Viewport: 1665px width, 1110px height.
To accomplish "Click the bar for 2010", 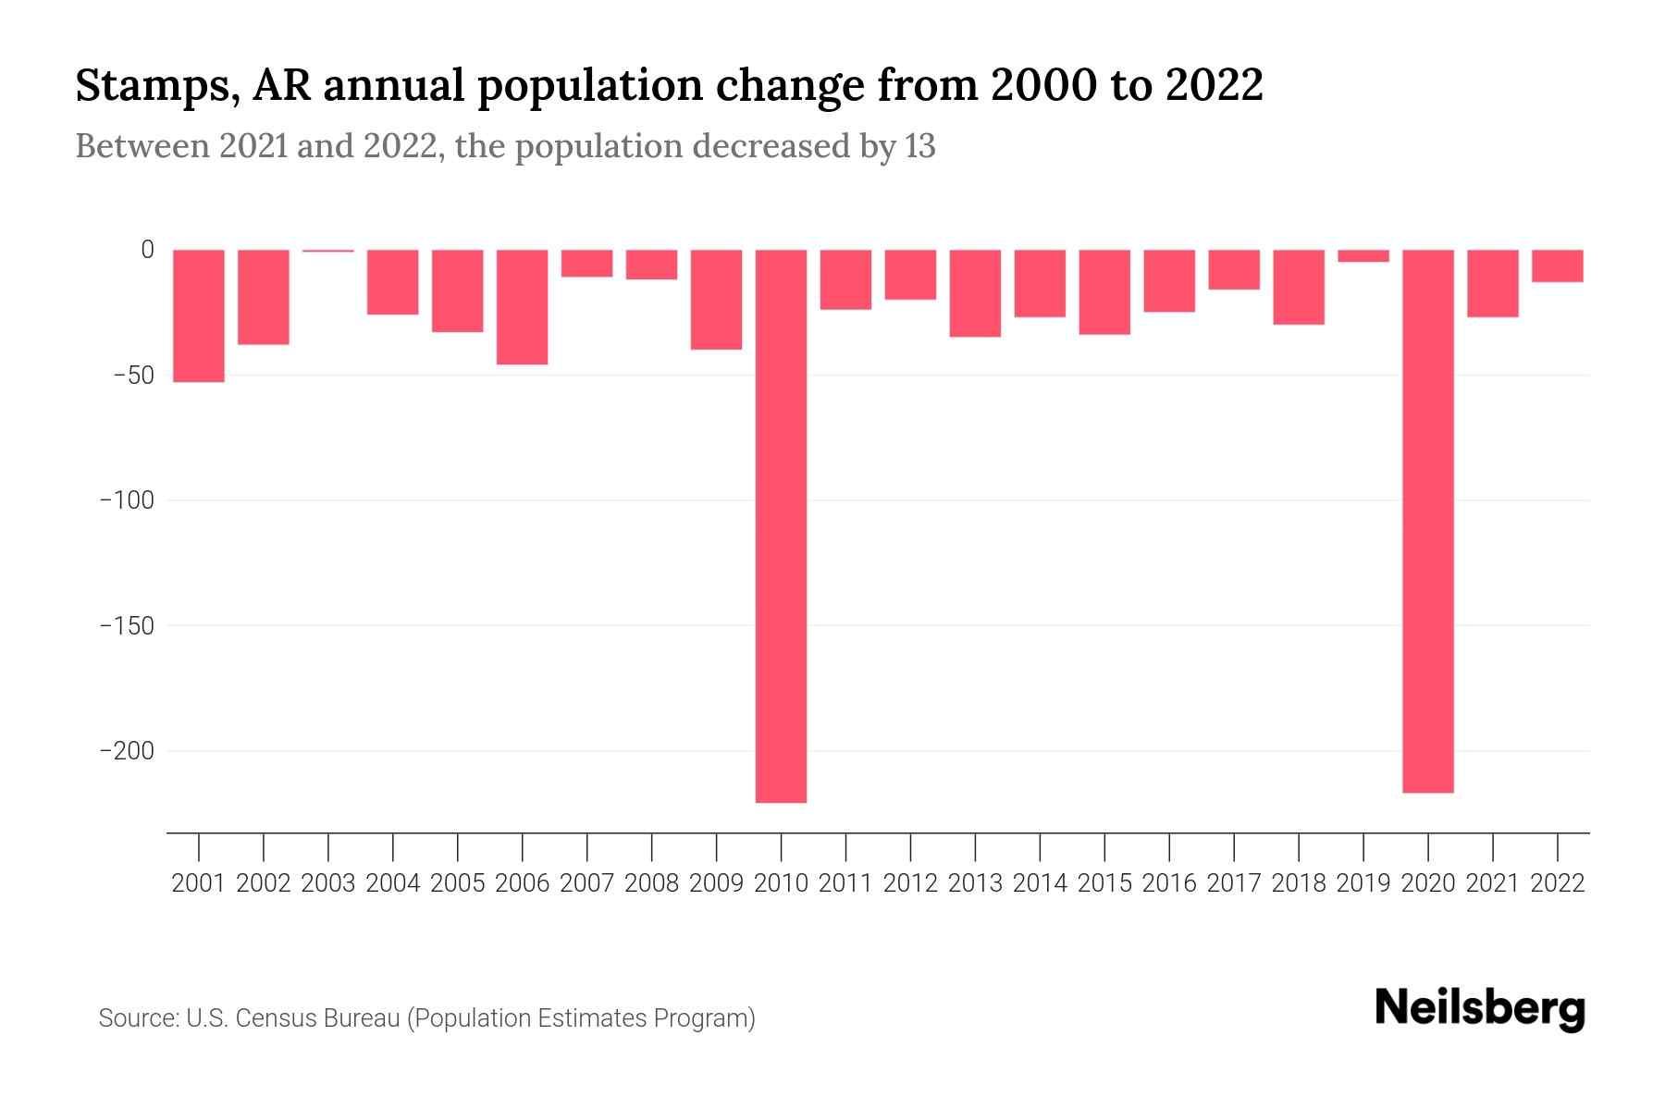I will tap(781, 525).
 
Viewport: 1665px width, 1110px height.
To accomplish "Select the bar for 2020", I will tap(1427, 521).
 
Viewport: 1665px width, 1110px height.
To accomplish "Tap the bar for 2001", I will tap(199, 315).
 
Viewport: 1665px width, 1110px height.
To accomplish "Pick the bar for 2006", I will tap(523, 307).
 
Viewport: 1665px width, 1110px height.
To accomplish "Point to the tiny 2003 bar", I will tap(328, 251).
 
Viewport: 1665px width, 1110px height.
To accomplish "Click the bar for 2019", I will tap(1363, 256).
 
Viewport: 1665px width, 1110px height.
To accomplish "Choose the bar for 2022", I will tap(1557, 265).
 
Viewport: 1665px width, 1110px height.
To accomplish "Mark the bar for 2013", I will tap(975, 293).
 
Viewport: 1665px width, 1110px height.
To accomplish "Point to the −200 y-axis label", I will tap(127, 751).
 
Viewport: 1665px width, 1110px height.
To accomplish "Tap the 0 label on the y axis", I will tap(147, 250).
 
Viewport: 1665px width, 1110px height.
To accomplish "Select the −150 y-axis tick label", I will tap(127, 626).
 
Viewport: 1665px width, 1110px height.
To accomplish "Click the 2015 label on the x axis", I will tap(1104, 883).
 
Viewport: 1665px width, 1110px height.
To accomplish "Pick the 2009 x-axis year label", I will tap(716, 883).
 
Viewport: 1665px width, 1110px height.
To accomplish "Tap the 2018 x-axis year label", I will tap(1298, 883).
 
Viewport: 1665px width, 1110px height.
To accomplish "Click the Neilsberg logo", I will tap(1480, 1008).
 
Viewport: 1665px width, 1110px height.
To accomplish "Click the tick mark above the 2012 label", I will tap(910, 846).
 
